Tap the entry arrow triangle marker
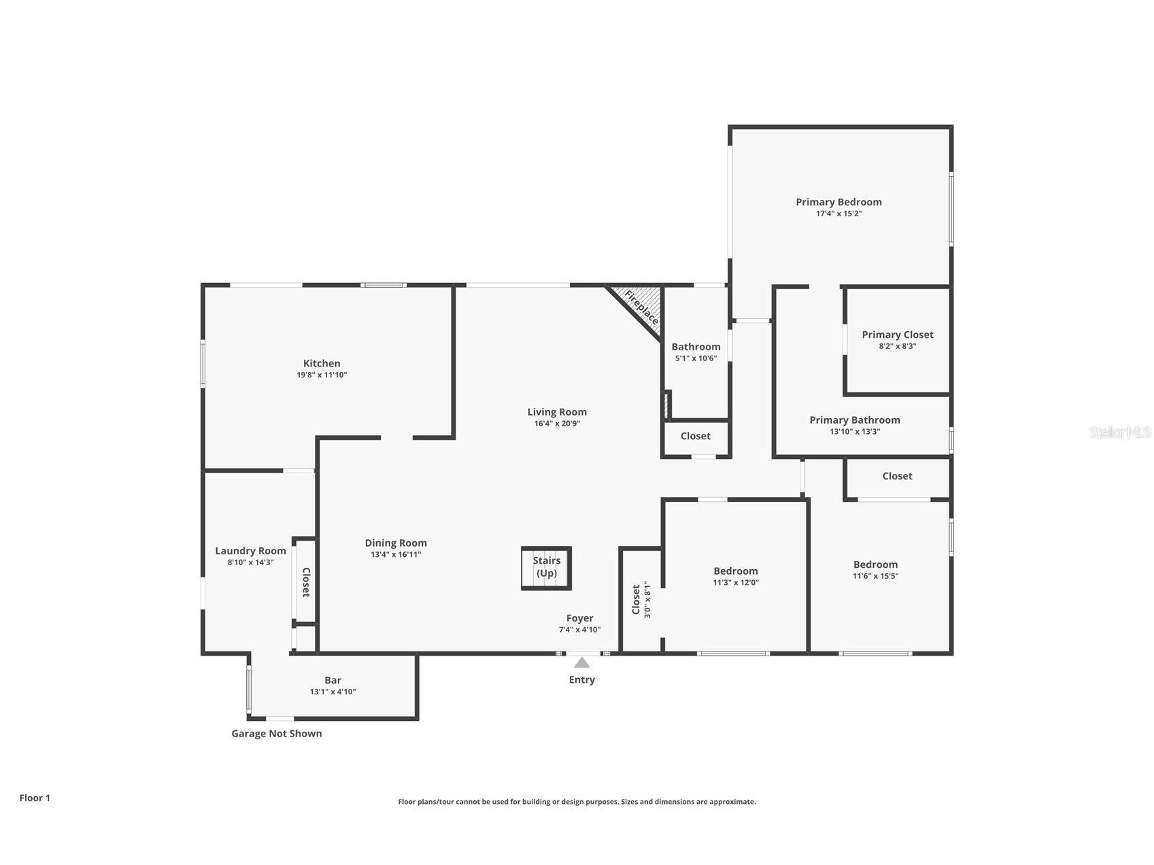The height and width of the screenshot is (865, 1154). point(581,662)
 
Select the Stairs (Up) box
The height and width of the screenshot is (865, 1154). point(547,568)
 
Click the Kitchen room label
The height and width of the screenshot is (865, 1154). point(322,363)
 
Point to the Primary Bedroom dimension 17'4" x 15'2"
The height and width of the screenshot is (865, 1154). point(838,214)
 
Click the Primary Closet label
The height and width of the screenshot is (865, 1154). point(897,335)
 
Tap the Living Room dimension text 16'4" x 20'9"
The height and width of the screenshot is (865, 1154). point(557,424)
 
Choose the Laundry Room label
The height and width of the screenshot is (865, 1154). point(250,551)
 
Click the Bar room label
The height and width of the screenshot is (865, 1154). point(333,680)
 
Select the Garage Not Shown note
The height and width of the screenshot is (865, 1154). point(277,733)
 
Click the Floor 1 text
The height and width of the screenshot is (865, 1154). point(35,798)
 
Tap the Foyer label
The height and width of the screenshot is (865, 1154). point(579,618)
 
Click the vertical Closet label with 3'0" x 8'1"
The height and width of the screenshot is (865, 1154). point(641,599)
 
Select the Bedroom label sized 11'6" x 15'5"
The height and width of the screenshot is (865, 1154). point(875,564)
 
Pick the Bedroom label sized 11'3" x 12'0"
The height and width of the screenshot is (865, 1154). point(735,571)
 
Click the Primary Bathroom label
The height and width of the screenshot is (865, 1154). point(854,420)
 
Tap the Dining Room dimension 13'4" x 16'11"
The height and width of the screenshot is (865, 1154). point(396,555)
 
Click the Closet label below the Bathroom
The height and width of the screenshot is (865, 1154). point(695,436)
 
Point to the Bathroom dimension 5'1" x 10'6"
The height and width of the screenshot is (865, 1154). point(696,358)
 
